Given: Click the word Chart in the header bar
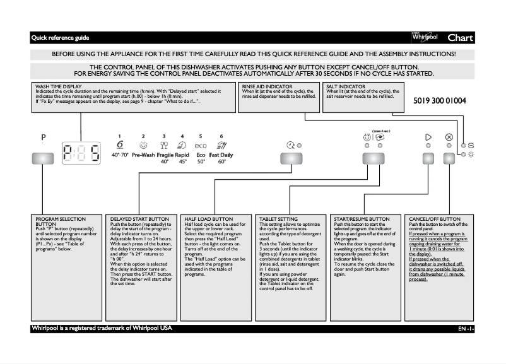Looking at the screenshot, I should tap(460, 38).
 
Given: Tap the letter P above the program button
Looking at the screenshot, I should tap(44, 137).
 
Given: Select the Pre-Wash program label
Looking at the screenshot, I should tap(144, 154).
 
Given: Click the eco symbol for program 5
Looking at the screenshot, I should tap(200, 145).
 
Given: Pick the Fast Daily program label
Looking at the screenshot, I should tap(221, 154).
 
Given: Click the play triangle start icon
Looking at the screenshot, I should tap(428, 136).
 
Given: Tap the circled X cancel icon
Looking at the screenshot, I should tap(449, 136).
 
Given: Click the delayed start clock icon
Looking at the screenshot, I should tap(290, 145).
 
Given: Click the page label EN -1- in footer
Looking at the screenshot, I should tap(466, 329).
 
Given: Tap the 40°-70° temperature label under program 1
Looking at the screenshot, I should tap(120, 154).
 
